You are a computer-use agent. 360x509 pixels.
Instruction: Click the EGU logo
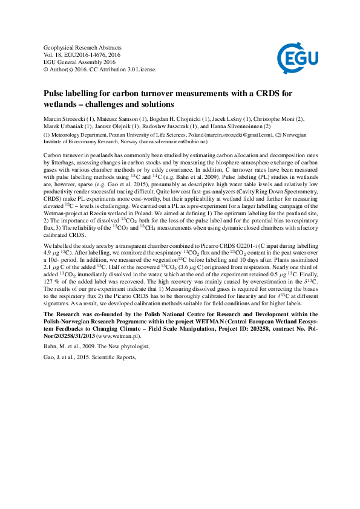[294, 59]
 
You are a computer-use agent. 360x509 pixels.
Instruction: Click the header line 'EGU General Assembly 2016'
[78, 61]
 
